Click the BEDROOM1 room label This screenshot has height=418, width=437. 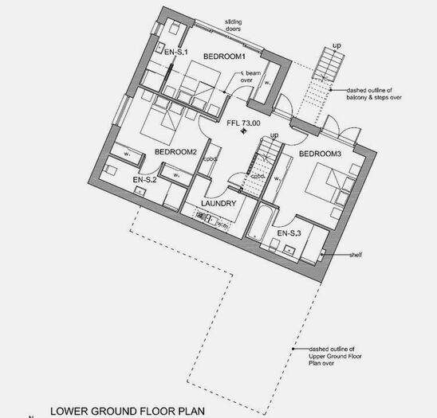click(x=223, y=57)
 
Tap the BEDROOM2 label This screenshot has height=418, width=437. click(x=175, y=152)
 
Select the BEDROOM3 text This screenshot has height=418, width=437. click(x=320, y=153)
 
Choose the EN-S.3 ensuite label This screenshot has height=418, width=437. click(x=289, y=233)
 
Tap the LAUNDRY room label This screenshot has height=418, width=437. click(x=218, y=204)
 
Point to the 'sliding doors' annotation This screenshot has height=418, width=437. click(x=230, y=28)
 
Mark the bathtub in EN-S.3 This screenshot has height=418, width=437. click(x=261, y=225)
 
